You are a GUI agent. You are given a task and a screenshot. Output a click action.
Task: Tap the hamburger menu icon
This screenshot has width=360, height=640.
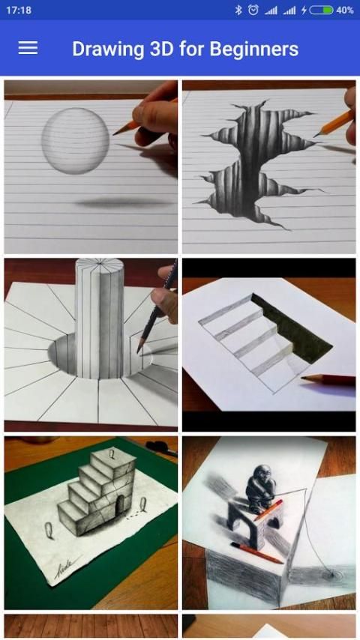pos(28,48)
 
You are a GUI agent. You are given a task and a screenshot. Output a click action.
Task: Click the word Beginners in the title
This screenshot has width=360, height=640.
pos(253,49)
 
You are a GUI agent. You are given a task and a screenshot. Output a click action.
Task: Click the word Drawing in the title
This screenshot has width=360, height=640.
pos(108,49)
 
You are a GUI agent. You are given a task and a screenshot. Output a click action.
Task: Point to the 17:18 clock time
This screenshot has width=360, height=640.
pos(19,10)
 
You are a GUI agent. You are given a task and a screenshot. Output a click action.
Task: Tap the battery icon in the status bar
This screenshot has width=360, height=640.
pos(321,10)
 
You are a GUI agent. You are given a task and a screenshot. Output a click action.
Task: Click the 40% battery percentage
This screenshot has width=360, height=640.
pos(344,10)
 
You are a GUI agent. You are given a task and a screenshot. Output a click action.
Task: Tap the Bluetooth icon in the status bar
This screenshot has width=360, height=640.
pos(238,10)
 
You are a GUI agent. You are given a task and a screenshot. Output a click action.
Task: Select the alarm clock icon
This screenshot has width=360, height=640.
pos(253,10)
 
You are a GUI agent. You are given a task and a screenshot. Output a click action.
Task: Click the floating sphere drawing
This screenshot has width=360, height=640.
pos(76,141)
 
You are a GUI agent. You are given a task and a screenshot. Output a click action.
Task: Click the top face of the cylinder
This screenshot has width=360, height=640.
pos(100,267)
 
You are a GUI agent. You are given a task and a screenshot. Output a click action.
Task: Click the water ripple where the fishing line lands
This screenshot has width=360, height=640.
pos(328,576)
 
